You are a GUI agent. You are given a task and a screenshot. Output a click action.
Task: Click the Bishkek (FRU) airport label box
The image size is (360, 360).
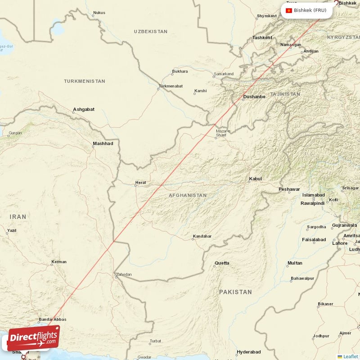[307, 10]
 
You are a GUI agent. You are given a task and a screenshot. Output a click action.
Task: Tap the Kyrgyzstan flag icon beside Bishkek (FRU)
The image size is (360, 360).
[289, 10]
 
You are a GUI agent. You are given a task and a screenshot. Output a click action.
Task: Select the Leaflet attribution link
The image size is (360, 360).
[350, 356]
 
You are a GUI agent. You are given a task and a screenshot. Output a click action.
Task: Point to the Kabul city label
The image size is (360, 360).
[255, 179]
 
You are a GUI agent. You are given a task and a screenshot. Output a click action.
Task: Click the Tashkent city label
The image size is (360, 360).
[262, 38]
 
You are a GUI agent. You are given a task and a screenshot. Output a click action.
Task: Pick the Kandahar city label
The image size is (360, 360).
[202, 236]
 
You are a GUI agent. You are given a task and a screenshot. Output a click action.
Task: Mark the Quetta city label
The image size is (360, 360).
[221, 263]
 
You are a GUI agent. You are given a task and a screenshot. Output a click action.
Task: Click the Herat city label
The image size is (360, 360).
[141, 183]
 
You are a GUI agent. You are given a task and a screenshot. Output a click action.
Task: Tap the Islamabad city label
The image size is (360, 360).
[313, 195]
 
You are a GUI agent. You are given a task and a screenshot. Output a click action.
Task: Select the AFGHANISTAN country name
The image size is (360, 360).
[188, 196]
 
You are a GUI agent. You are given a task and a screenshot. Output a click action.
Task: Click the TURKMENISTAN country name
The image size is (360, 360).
[85, 81]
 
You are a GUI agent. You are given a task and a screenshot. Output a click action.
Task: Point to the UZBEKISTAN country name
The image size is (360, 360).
[150, 32]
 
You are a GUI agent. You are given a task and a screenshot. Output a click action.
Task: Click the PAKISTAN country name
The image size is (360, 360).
[235, 292]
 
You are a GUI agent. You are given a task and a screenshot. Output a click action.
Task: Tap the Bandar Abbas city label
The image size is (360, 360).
[53, 319]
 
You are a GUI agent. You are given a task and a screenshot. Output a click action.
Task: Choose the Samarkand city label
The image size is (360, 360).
[224, 74]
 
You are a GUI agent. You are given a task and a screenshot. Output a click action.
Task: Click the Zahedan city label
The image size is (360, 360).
[124, 274]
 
